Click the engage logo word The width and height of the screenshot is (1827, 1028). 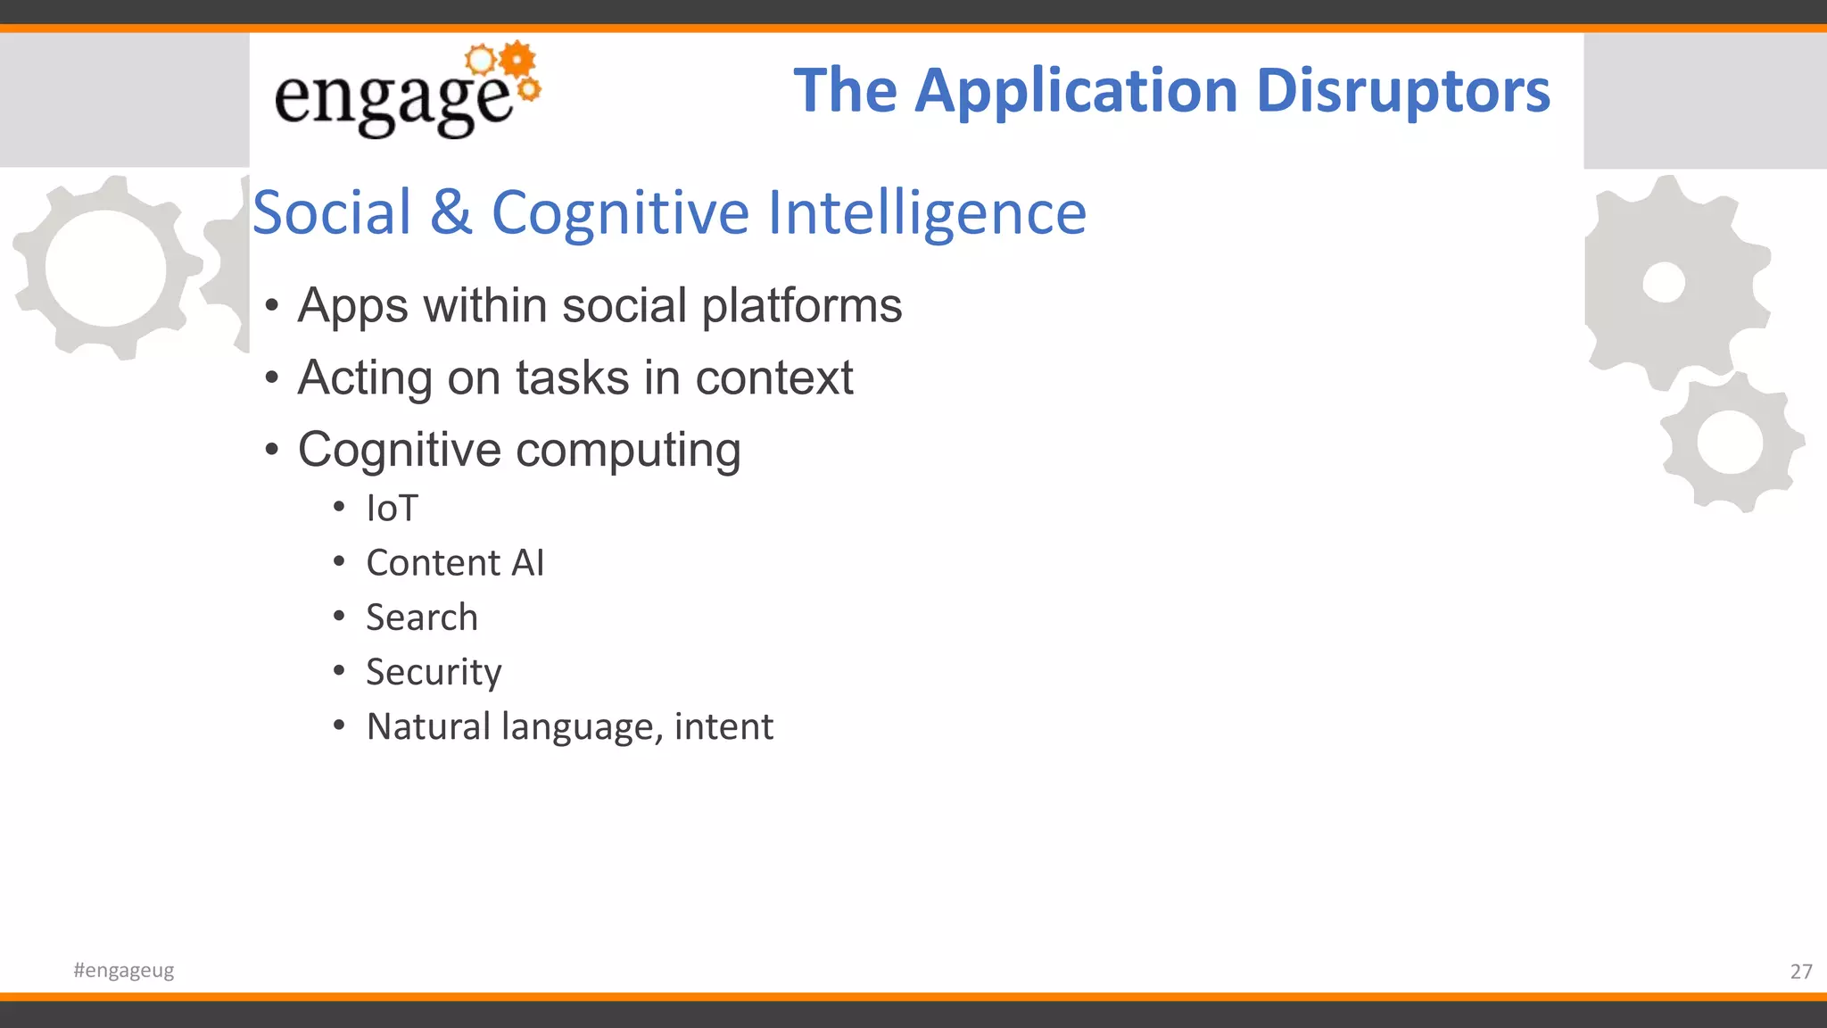[x=393, y=100]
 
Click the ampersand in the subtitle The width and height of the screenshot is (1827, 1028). [x=451, y=212]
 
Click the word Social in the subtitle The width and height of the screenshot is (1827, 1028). [x=333, y=212]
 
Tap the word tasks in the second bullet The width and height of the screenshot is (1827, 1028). [x=572, y=377]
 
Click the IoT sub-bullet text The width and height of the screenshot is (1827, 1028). [x=392, y=509]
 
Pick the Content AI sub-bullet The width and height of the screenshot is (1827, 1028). [x=455, y=563]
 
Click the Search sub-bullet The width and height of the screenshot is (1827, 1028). [x=422, y=618]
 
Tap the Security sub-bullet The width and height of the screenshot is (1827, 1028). [x=434, y=672]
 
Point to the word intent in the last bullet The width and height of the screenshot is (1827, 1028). [x=723, y=726]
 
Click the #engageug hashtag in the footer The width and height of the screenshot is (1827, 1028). [x=124, y=970]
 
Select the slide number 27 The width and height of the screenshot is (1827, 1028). [x=1800, y=971]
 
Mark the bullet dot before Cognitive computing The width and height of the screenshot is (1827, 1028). [x=272, y=449]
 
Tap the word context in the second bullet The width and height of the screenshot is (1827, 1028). [x=773, y=377]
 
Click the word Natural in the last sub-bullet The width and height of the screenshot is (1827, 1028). [x=428, y=726]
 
